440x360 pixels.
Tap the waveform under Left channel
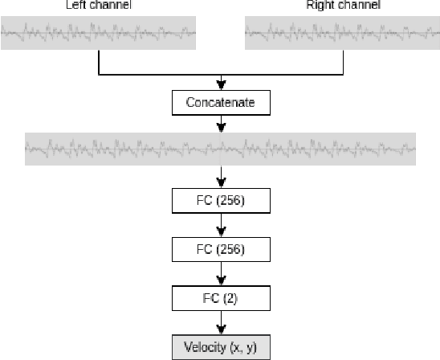(97, 34)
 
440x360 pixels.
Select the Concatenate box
(220, 103)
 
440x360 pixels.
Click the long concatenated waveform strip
(220, 148)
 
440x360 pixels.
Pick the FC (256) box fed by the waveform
(220, 199)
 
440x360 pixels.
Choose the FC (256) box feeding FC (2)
(220, 249)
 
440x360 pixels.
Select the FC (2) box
(220, 299)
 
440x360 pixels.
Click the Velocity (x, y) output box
(220, 348)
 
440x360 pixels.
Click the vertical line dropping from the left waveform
(98, 63)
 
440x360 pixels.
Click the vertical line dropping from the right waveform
(342, 63)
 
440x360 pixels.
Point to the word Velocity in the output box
(204, 348)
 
